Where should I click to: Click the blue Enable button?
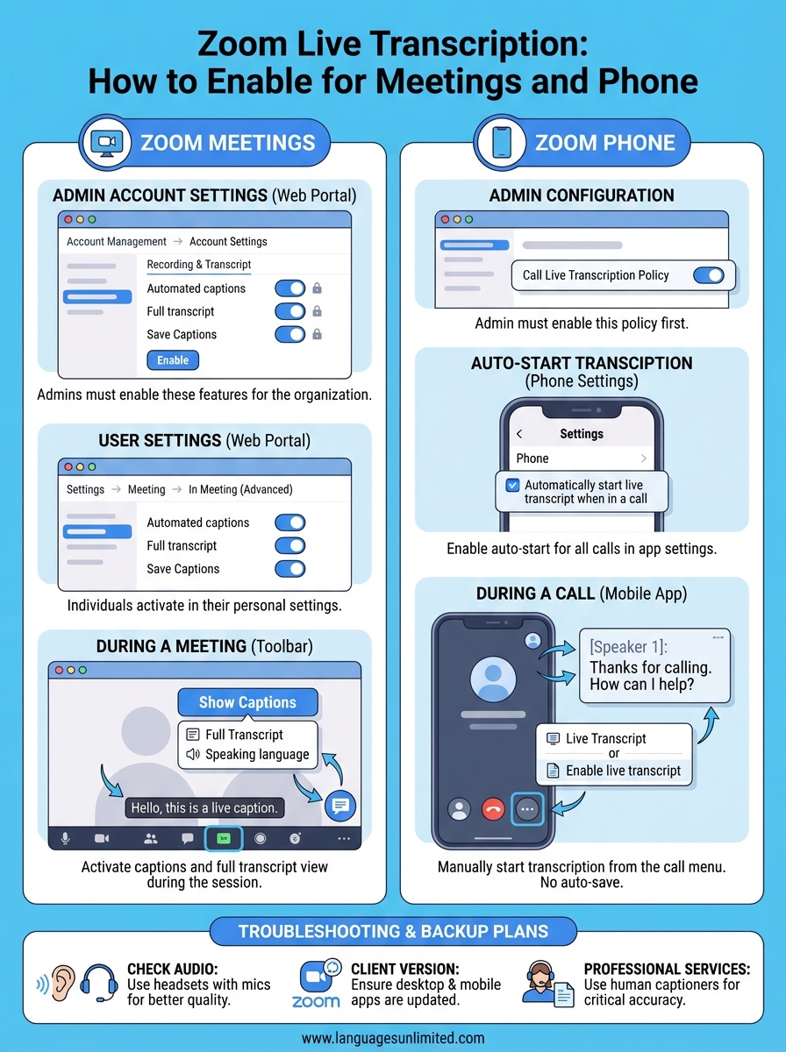[173, 360]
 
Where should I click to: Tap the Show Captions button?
[247, 702]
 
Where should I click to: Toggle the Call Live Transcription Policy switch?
[708, 275]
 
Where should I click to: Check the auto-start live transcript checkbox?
[512, 485]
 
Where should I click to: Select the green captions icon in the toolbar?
[224, 839]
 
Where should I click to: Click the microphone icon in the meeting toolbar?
[65, 839]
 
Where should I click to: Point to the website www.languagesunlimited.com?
[392, 1037]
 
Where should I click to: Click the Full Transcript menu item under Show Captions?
[244, 735]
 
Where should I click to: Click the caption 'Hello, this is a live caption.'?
[204, 807]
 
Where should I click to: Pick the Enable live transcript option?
[623, 771]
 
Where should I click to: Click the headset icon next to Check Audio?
[98, 984]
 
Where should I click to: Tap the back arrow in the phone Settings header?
[518, 434]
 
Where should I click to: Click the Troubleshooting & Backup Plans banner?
[393, 932]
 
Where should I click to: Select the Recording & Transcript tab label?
[199, 264]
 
